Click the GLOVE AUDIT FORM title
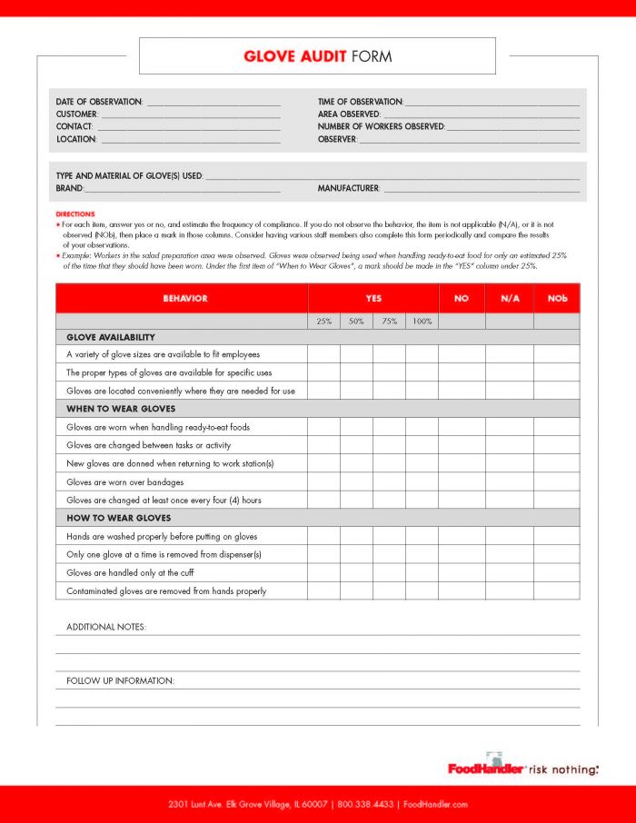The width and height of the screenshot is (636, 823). click(317, 56)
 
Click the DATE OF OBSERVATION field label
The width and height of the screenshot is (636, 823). click(99, 102)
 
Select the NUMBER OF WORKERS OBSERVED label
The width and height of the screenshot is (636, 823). click(381, 127)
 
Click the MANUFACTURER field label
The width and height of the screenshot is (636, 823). click(348, 188)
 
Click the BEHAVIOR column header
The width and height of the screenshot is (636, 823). click(184, 298)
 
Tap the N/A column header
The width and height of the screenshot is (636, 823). click(509, 298)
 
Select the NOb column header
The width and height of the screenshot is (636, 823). click(556, 298)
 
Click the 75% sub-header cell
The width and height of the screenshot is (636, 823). click(389, 322)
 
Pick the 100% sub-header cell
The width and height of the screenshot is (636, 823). click(422, 322)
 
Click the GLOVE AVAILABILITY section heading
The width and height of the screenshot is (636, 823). click(110, 337)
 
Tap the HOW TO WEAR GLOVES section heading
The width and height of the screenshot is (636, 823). click(118, 519)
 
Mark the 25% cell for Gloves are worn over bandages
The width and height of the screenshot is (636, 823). click(323, 482)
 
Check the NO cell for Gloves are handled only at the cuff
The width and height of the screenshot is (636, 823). click(461, 573)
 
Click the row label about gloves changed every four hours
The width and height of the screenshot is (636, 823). click(164, 501)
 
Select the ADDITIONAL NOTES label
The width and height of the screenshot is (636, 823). click(105, 627)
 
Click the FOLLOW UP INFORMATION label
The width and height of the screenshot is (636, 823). click(120, 680)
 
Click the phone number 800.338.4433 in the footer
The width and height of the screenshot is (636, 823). click(366, 804)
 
